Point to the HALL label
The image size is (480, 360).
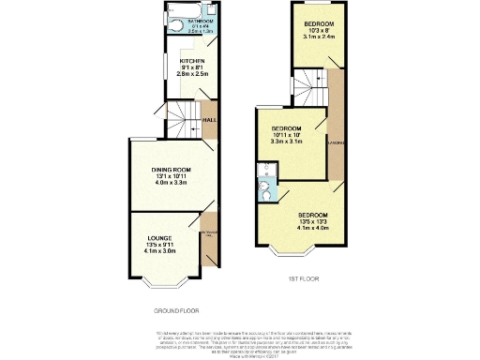click(x=210, y=120)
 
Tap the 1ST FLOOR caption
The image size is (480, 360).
click(x=300, y=279)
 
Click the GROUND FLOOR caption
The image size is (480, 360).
click(x=176, y=309)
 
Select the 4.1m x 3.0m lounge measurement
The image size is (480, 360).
click(x=159, y=251)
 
